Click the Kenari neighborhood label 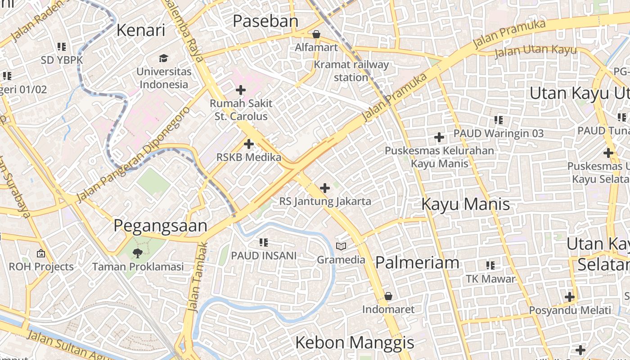tap(141, 30)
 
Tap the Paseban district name tap(265, 21)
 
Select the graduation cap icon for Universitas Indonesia tap(163, 58)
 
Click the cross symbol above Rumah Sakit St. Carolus tap(241, 90)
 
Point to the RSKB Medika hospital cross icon tap(248, 144)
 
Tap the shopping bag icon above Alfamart tap(316, 34)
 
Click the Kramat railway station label tap(351, 71)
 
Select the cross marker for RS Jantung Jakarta tap(324, 188)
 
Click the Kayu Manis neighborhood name tap(465, 204)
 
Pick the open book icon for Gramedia tap(341, 247)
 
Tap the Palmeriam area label tap(417, 262)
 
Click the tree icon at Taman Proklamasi tap(138, 253)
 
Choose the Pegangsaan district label tap(160, 225)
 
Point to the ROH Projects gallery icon tap(41, 254)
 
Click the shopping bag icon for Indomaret tap(388, 297)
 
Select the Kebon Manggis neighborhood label tap(355, 342)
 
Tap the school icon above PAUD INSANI tap(264, 243)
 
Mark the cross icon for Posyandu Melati tap(570, 297)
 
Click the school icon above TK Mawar tap(490, 265)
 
